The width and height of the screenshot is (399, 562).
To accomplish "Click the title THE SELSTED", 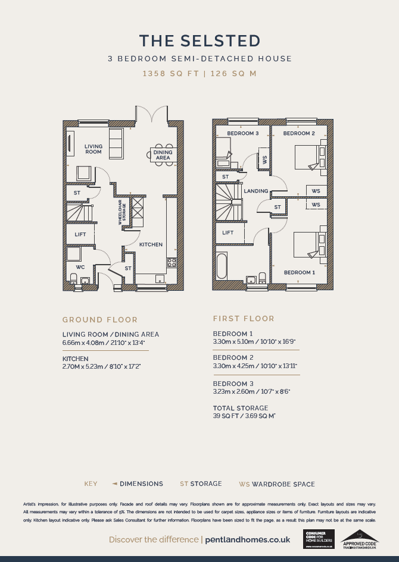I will [x=199, y=40].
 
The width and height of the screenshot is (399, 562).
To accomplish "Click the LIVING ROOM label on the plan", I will [x=93, y=149].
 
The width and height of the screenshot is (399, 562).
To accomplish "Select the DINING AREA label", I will [x=163, y=155].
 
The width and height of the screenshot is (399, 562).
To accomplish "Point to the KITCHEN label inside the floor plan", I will [x=151, y=244].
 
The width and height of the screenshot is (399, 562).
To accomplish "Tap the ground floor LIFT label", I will [x=80, y=234].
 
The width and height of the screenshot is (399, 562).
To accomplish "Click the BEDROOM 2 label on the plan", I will [x=298, y=133].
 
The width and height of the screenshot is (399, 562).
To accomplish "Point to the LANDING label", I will [x=255, y=191].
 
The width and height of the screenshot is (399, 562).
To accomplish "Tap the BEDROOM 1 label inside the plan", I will [x=299, y=272].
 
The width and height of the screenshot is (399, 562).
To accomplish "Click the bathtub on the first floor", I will [x=222, y=266].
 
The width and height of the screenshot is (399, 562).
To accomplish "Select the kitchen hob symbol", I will [x=172, y=262].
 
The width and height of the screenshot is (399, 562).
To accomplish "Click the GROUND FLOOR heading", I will [x=100, y=319].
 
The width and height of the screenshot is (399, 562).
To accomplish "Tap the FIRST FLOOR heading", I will [x=244, y=319].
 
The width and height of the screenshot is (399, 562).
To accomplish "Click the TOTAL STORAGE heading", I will [x=241, y=408].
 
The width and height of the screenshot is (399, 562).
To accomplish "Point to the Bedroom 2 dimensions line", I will [x=255, y=366].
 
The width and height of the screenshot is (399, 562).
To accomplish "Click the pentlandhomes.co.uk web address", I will [x=247, y=539].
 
